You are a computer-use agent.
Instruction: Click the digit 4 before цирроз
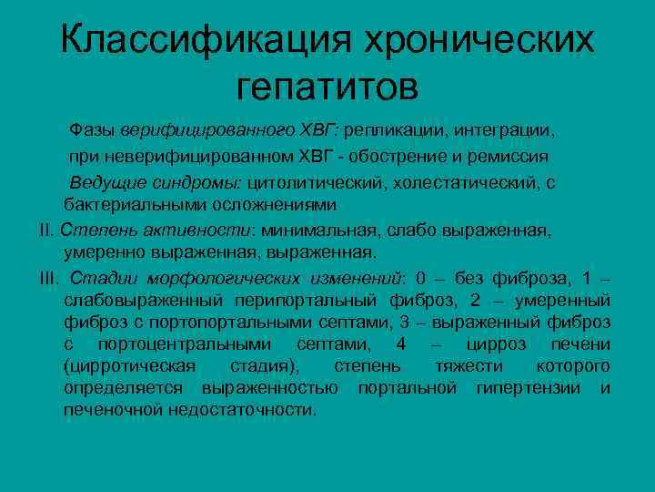[x=401, y=343]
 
